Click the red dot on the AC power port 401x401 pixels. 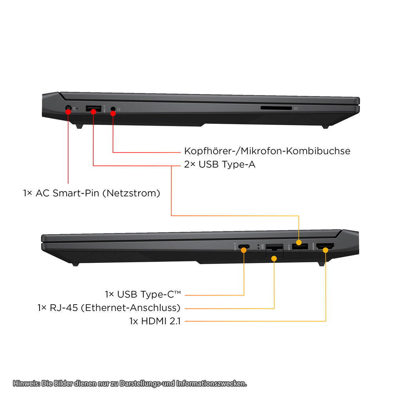[69, 111]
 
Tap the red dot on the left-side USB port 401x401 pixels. [94, 112]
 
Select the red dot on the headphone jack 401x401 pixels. [113, 113]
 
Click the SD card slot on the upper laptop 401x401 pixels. [276, 108]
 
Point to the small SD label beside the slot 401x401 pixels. [296, 108]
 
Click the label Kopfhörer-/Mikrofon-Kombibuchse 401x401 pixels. [267, 151]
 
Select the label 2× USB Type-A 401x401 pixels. [220, 164]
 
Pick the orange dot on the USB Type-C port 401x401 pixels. [244, 250]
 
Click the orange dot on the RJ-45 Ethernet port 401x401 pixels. [274, 258]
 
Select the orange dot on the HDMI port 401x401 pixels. [325, 249]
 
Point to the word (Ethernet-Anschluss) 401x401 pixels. [131, 308]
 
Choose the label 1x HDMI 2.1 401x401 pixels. [155, 322]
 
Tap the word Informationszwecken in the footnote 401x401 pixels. [211, 383]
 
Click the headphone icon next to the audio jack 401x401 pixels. [119, 109]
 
